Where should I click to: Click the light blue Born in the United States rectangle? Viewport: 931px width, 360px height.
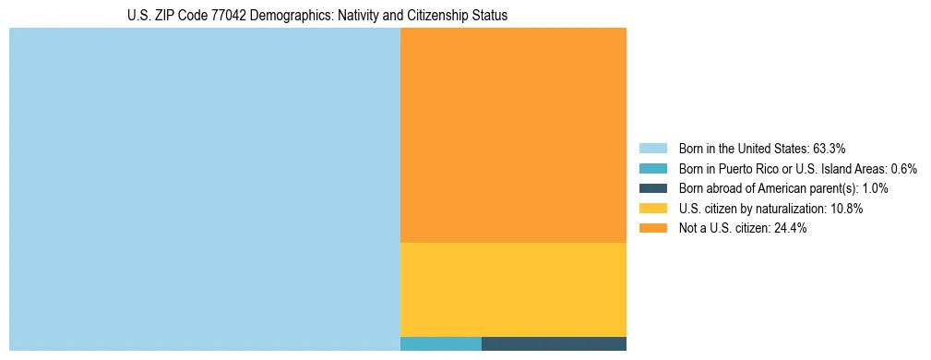pyautogui.click(x=204, y=189)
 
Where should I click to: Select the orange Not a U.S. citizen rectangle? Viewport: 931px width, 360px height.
pyautogui.click(x=513, y=135)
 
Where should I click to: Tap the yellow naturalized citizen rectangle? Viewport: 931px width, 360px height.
pyautogui.click(x=513, y=289)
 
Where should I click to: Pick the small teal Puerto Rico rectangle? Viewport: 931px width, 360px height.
pyautogui.click(x=440, y=344)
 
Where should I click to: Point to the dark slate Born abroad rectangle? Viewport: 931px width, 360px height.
pyautogui.click(x=554, y=344)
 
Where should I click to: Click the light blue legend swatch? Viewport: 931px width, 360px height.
pyautogui.click(x=652, y=149)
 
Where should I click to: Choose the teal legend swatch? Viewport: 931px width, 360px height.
pyautogui.click(x=652, y=169)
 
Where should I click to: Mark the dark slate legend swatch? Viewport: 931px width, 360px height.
pyautogui.click(x=652, y=188)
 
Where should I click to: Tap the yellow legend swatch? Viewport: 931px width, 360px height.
pyautogui.click(x=652, y=209)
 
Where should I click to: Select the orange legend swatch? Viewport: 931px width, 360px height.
pyautogui.click(x=652, y=229)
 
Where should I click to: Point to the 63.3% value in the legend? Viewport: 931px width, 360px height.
pyautogui.click(x=830, y=149)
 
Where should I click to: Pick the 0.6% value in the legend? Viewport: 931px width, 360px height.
pyautogui.click(x=904, y=169)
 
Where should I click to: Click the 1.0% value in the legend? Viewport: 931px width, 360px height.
pyautogui.click(x=876, y=188)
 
